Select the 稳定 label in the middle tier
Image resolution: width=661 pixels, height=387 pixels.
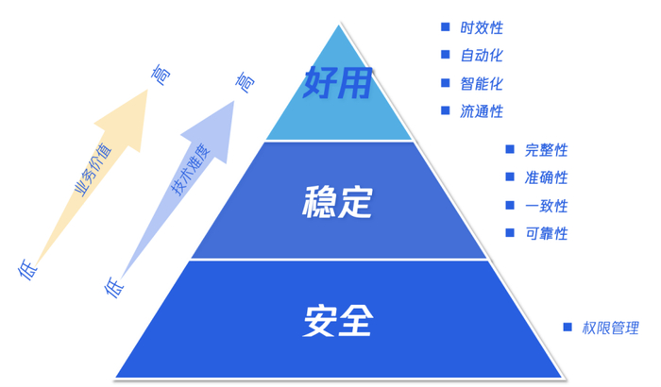337,202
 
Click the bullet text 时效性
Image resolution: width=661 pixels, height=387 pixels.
482,27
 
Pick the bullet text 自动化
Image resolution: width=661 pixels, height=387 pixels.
482,56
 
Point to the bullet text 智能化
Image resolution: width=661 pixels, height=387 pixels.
482,83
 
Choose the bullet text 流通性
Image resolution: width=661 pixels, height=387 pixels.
482,111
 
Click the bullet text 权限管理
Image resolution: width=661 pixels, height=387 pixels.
610,328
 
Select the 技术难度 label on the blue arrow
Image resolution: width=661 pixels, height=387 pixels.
188,171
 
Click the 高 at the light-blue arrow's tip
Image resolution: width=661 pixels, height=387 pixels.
245,83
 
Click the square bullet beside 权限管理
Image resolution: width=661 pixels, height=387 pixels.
568,327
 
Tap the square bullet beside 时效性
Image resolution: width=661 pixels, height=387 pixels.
445,27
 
